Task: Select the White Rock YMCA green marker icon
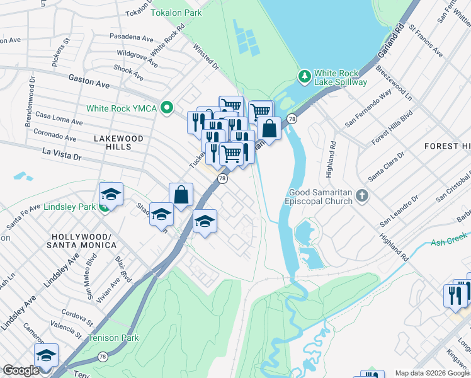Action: click(167, 108)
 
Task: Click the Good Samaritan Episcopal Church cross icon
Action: click(362, 195)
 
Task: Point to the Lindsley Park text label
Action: click(69, 207)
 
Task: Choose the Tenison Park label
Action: click(113, 338)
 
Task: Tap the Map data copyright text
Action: click(431, 373)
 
